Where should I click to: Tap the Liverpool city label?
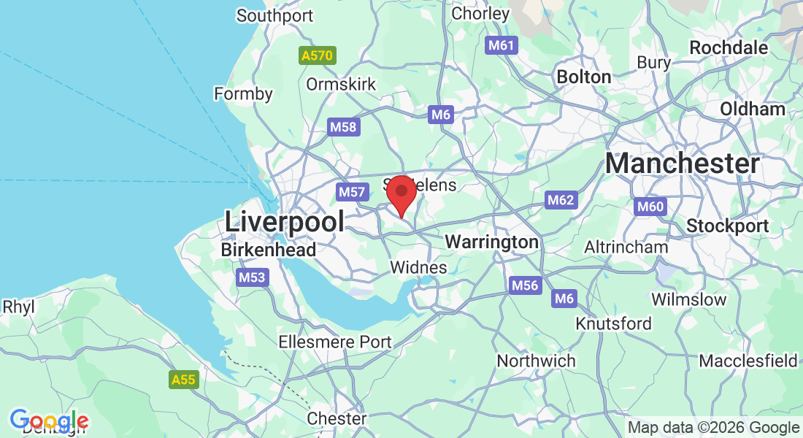click(284, 221)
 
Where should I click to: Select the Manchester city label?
click(682, 164)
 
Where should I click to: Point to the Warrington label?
click(491, 242)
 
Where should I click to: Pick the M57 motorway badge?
click(351, 192)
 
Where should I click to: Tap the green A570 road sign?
click(318, 55)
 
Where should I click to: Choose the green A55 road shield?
click(183, 380)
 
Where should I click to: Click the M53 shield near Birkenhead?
click(253, 277)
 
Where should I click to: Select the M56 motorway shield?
click(525, 285)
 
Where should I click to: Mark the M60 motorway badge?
click(650, 207)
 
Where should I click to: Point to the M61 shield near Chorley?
click(502, 45)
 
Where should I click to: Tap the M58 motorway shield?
click(343, 127)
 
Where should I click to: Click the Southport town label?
click(274, 15)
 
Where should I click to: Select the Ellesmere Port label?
click(335, 342)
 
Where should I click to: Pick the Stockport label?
click(727, 226)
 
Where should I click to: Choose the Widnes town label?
click(418, 268)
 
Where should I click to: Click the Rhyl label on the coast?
click(18, 307)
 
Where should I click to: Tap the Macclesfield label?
click(748, 361)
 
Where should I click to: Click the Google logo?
click(49, 421)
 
